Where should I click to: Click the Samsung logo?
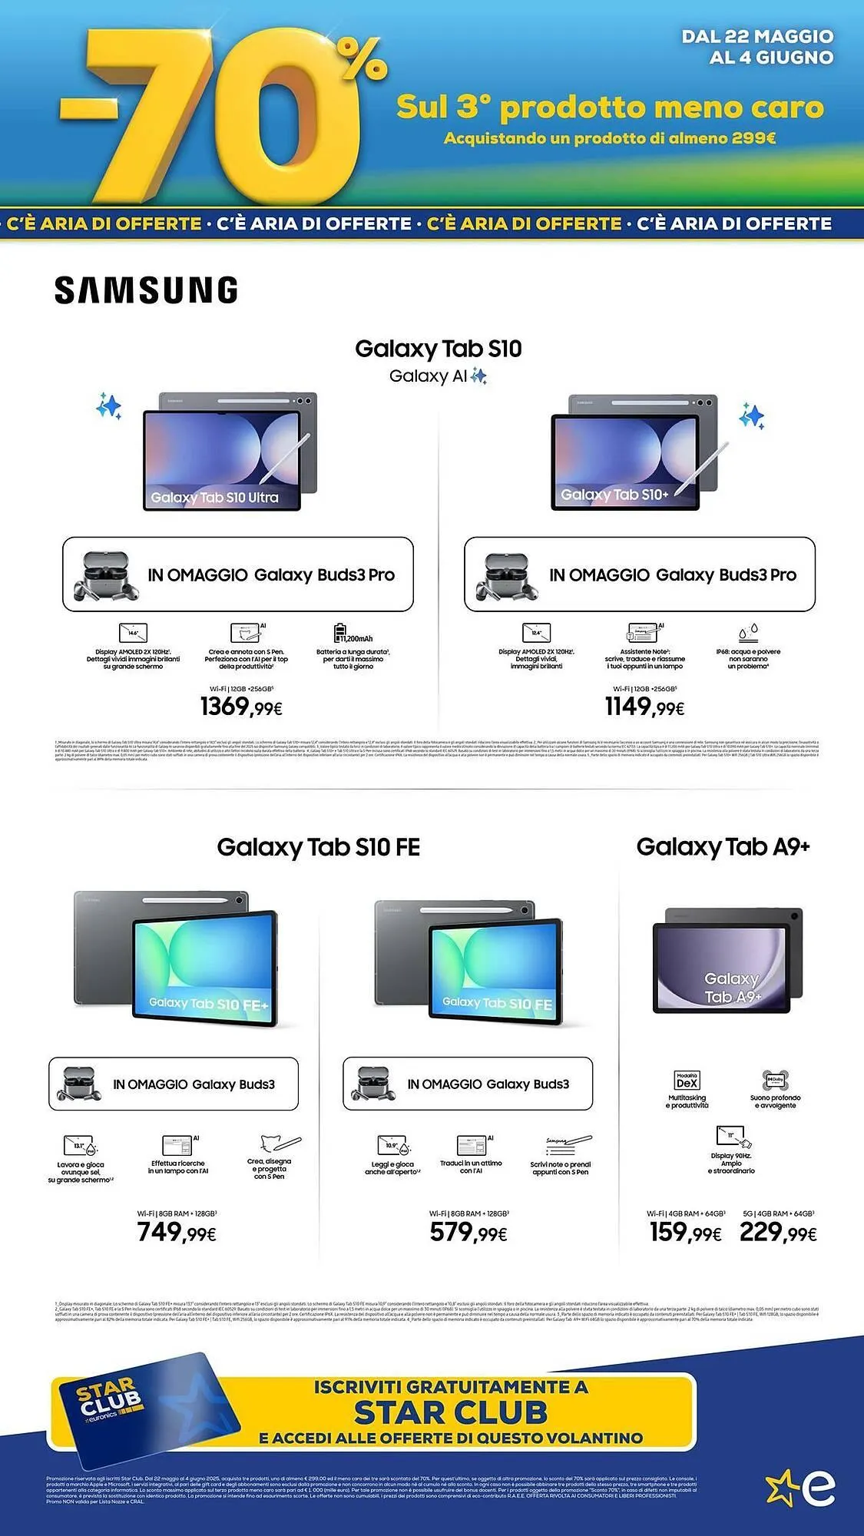point(146,290)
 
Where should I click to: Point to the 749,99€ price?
point(177,1233)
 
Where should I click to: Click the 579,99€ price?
point(468,1233)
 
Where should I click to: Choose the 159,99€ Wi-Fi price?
point(685,1233)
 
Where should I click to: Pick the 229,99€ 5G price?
point(777,1233)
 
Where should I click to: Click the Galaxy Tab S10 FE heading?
point(318,847)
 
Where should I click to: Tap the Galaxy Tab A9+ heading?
point(723,846)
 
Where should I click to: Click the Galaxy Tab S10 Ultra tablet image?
point(230,452)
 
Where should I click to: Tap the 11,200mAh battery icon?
point(340,633)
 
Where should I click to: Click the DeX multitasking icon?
point(687,1081)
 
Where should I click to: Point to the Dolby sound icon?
point(775,1081)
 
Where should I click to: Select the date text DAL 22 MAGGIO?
point(756,36)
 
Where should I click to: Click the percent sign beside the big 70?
point(362,58)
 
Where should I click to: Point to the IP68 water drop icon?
point(749,633)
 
